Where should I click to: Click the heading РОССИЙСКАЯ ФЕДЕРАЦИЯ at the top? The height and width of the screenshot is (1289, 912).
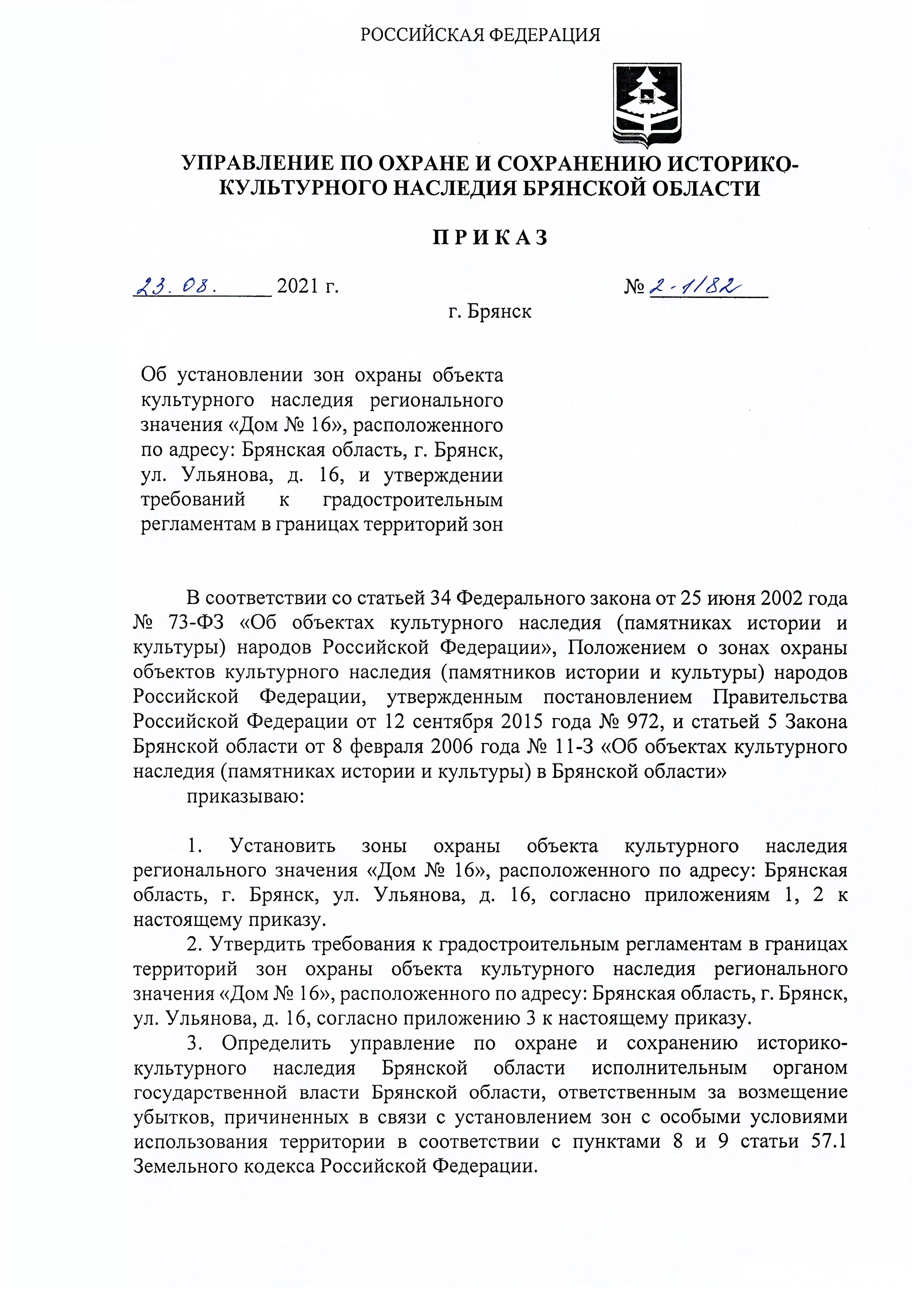pos(480,35)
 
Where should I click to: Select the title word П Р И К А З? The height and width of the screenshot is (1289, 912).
pos(490,238)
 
